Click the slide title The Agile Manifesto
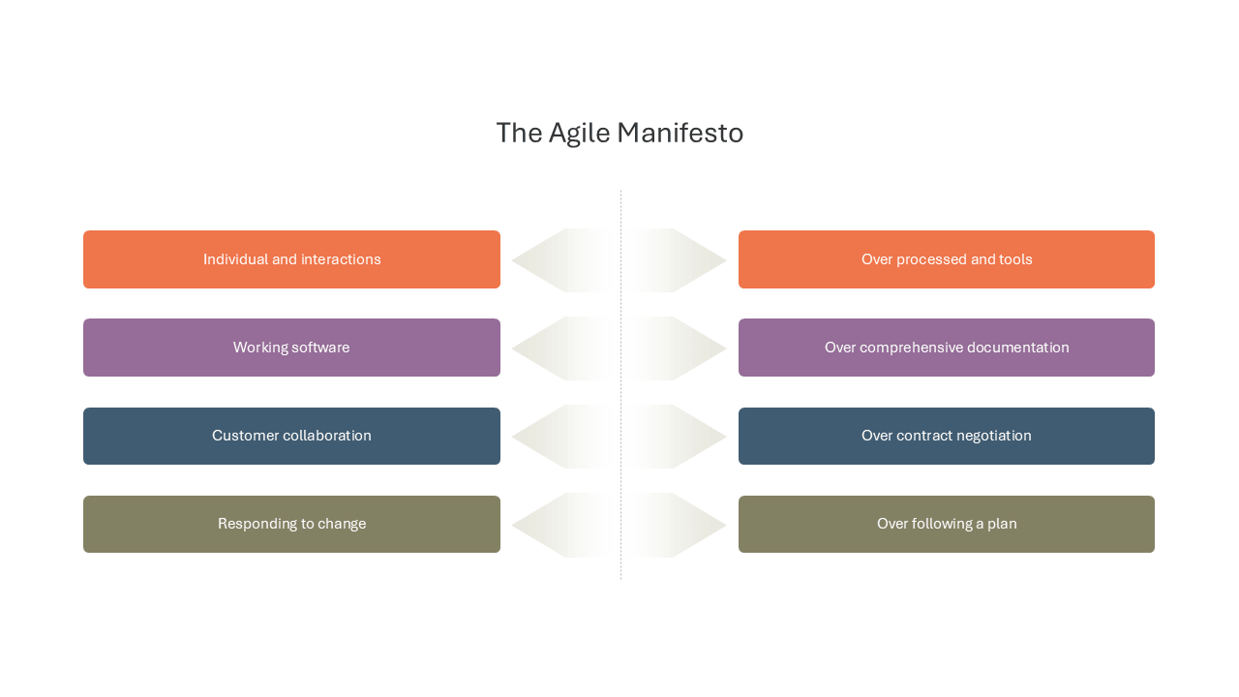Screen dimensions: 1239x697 tap(619, 134)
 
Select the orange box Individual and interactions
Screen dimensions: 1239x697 tap(291, 259)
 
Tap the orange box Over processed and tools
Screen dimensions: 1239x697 tap(947, 259)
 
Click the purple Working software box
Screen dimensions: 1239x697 tap(291, 348)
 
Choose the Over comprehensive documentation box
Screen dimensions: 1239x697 tap(947, 348)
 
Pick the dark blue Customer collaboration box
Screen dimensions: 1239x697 tap(291, 436)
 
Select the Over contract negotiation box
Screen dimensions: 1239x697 tap(947, 436)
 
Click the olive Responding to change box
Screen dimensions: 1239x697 tap(291, 524)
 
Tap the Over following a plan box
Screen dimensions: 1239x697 tap(947, 524)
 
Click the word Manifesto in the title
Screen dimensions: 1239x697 tap(680, 133)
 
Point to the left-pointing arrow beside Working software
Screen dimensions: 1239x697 tap(564, 348)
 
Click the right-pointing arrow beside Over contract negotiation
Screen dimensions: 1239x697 tap(676, 437)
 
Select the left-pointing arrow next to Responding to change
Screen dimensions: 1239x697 tap(564, 525)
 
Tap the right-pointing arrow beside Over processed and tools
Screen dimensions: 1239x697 tap(676, 260)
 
